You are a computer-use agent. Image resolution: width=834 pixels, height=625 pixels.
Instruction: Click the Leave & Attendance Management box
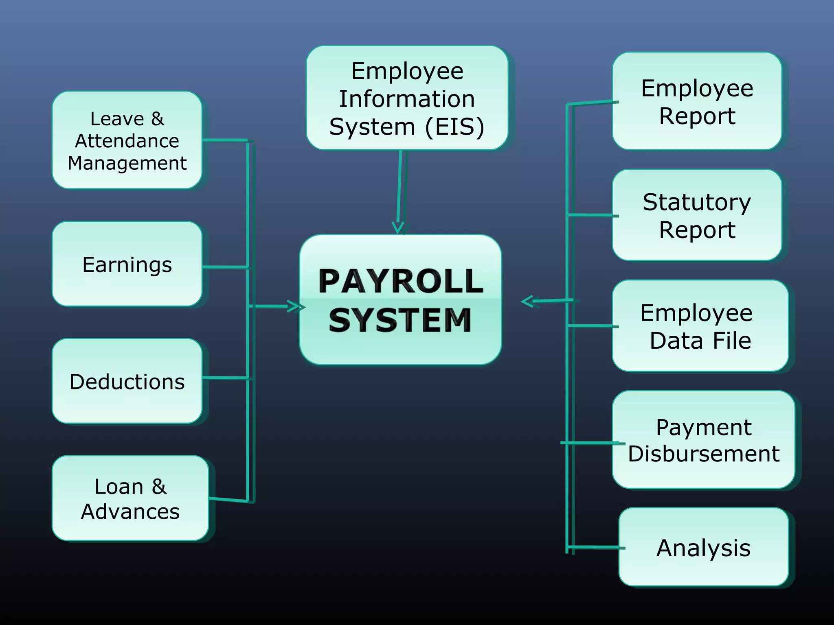[127, 140]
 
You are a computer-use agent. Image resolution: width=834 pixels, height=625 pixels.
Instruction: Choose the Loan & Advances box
[130, 498]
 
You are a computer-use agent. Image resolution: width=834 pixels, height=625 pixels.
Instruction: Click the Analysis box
[704, 547]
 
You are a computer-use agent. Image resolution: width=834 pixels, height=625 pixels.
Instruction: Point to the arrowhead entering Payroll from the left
[296, 306]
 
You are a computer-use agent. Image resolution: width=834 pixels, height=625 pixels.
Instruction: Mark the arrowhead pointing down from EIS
[398, 228]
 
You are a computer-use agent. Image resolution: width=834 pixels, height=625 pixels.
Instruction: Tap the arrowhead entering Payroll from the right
[528, 302]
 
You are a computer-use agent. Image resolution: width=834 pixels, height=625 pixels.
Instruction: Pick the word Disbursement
[704, 453]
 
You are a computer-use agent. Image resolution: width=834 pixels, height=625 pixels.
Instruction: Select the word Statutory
[697, 202]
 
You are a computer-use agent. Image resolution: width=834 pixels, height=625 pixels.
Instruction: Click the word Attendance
[127, 141]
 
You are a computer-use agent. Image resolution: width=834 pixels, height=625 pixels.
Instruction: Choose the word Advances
[130, 511]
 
